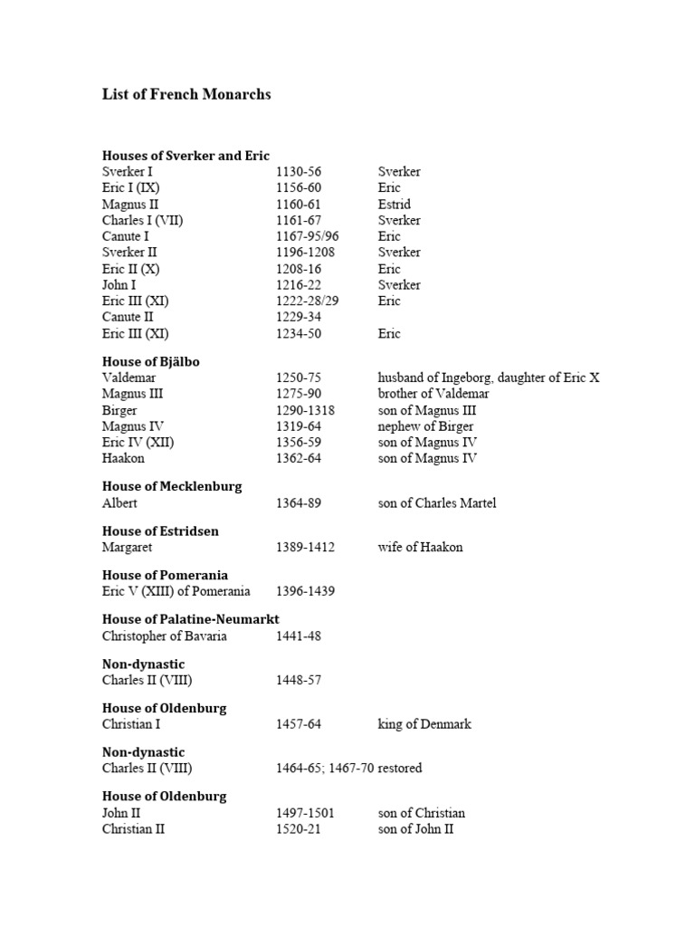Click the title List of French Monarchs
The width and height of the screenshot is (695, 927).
pos(186,95)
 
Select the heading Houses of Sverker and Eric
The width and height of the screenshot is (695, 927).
pos(186,156)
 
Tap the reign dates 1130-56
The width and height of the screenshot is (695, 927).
pos(299,172)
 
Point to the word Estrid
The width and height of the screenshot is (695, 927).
pos(394,205)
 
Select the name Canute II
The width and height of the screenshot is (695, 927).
pos(128,318)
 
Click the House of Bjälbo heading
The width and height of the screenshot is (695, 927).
pos(150,362)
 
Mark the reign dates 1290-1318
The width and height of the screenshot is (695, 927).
pos(305,410)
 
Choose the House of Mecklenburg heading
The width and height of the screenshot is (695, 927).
pos(172,487)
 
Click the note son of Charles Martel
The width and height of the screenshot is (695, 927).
pos(437,503)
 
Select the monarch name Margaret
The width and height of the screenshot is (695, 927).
pos(128,548)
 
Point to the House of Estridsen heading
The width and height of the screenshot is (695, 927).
pos(160,531)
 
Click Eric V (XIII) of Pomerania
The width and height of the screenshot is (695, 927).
pos(176,592)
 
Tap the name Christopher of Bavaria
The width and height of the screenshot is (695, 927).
pos(164,636)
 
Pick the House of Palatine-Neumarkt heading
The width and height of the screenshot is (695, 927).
pos(190,620)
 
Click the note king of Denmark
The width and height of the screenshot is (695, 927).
pos(424,725)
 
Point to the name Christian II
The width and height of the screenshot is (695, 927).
pos(133,829)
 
